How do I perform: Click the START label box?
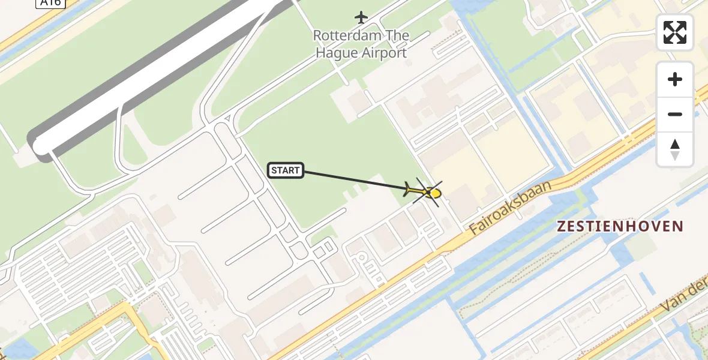pos(286,170)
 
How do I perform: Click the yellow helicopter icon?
pos(424,192)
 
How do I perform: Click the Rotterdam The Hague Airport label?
pos(361,44)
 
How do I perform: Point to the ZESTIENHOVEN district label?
pos(620,226)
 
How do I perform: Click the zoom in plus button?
pos(675,79)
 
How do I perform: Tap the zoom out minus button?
pos(675,114)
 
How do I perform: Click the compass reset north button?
pos(675,149)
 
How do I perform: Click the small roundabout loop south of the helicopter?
pos(361,258)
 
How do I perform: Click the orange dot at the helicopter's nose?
pos(436,193)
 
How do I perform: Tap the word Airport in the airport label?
pos(384,52)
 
